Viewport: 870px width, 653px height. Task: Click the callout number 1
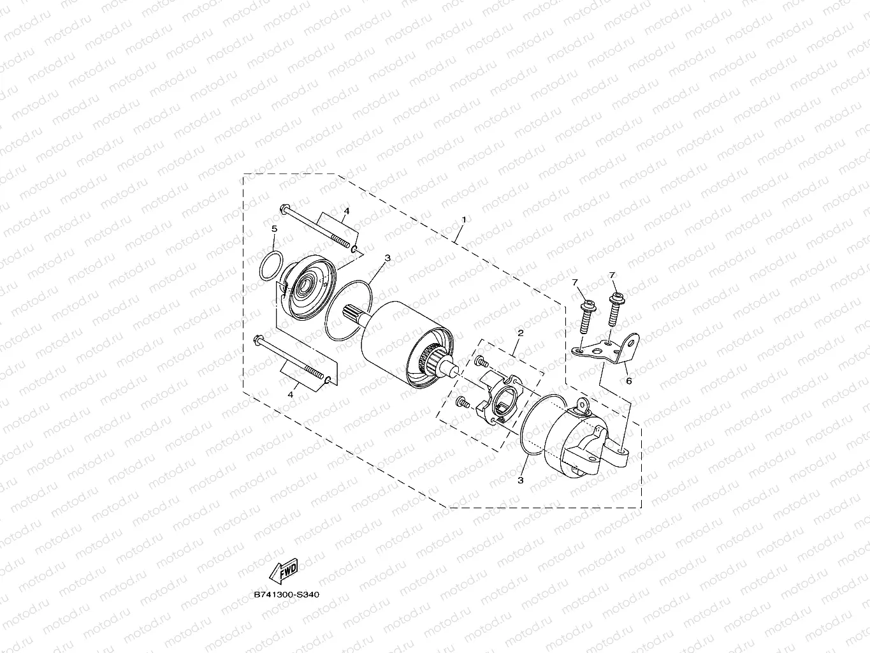pyautogui.click(x=464, y=219)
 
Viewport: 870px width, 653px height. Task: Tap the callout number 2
pyautogui.click(x=520, y=333)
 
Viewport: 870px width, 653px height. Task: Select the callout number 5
pyautogui.click(x=274, y=228)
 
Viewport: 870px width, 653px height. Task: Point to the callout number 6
pyautogui.click(x=628, y=381)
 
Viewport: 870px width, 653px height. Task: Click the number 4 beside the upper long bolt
pyautogui.click(x=347, y=210)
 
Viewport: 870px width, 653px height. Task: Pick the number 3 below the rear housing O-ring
pyautogui.click(x=520, y=480)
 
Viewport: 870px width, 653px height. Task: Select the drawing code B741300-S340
pyautogui.click(x=286, y=594)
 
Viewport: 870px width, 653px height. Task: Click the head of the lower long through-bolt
pyautogui.click(x=258, y=339)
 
